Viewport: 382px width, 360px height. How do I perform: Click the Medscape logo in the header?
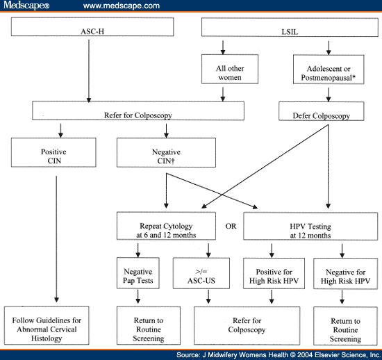27,6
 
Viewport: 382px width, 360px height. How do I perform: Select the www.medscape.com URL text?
122,6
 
